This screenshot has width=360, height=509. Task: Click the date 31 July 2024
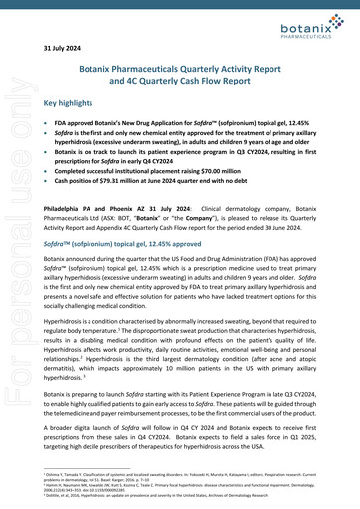[x=61, y=46]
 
